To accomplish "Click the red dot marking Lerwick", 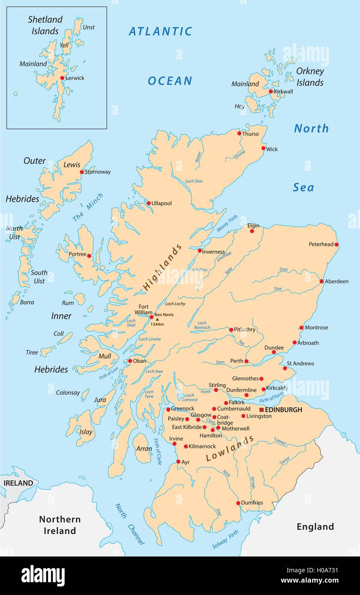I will [62, 78].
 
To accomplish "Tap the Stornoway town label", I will [98, 172].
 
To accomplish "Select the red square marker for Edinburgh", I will [262, 410].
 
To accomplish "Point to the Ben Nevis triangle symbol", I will [157, 319].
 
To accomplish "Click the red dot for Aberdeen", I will [321, 281].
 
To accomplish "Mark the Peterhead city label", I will [321, 244].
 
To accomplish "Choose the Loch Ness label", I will [199, 270].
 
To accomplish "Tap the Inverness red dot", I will [199, 251].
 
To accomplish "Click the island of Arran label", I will [144, 449].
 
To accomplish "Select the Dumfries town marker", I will [238, 503].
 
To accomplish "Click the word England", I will [315, 527].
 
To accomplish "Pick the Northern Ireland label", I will [60, 525].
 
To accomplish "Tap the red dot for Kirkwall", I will [271, 91].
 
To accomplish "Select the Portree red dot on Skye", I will [89, 256].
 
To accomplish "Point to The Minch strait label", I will [88, 208].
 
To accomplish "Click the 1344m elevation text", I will [157, 324].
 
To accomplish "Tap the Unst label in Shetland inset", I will [89, 27].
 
